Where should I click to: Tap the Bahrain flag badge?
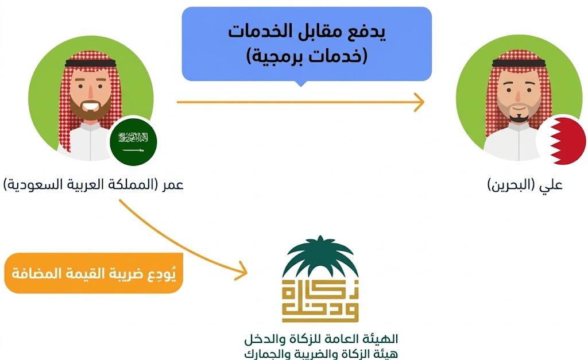560,141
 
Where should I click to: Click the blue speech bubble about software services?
307,44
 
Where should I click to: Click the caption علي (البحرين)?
525,185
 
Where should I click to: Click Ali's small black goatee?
519,117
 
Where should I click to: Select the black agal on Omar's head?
92,59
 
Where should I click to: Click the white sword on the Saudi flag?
133,150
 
